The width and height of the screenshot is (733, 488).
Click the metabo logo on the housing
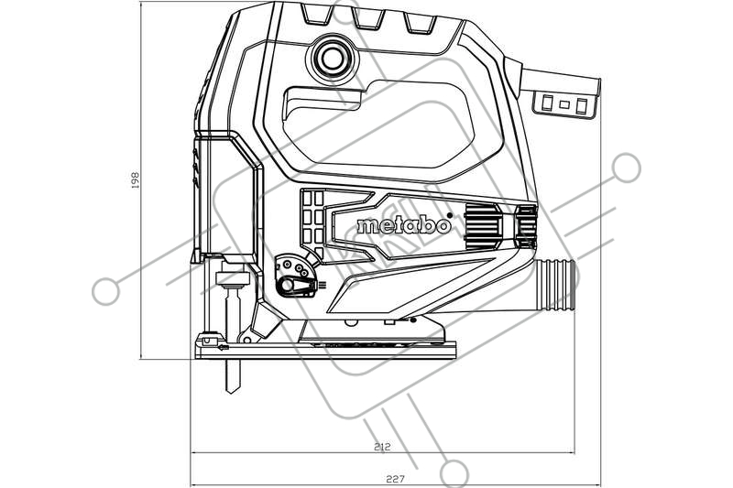pyautogui.click(x=403, y=225)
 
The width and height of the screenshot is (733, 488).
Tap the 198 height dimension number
pyautogui.click(x=136, y=179)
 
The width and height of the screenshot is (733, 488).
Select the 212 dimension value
pyautogui.click(x=382, y=447)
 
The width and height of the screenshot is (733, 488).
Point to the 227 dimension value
pyautogui.click(x=395, y=479)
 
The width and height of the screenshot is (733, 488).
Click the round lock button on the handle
pyautogui.click(x=333, y=59)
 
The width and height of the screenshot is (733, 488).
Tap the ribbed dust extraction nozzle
pyautogui.click(x=556, y=285)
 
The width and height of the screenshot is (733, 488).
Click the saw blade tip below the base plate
pyautogui.click(x=233, y=387)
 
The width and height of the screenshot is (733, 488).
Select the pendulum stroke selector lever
pyautogui.click(x=295, y=286)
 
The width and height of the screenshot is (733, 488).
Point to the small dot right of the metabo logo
pyautogui.click(x=450, y=215)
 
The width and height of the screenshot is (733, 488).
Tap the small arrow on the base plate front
pyautogui.click(x=223, y=347)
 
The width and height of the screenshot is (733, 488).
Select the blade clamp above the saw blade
pyautogui.click(x=232, y=278)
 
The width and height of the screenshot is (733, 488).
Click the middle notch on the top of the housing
pyautogui.click(x=369, y=19)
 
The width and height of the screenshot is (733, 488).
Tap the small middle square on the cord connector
pyautogui.click(x=564, y=104)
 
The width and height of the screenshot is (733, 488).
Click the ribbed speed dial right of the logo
pyautogui.click(x=483, y=226)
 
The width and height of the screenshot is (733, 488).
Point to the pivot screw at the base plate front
pyautogui.click(x=246, y=340)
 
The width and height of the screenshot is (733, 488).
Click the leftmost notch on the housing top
pyautogui.click(x=317, y=14)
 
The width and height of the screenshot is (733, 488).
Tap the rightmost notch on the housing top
pyautogui.click(x=421, y=24)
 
